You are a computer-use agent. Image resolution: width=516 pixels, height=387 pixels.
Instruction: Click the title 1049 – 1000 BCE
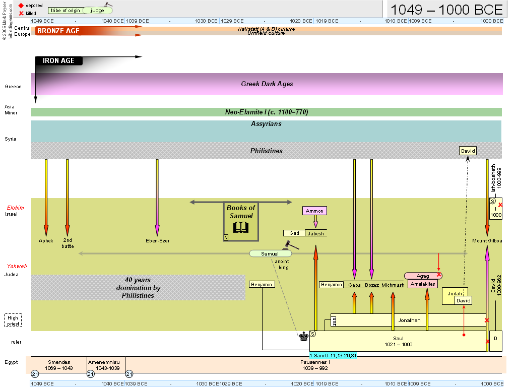coord(446,10)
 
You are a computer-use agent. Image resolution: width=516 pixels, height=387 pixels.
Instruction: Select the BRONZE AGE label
coord(58,31)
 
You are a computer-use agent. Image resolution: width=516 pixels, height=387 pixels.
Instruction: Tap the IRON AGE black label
coord(58,60)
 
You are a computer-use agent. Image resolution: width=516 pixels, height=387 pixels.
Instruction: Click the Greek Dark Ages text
coord(267,84)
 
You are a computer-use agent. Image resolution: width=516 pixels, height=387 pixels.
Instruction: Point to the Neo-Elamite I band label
coord(266,112)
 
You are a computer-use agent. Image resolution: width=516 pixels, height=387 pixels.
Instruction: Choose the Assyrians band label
coord(266,123)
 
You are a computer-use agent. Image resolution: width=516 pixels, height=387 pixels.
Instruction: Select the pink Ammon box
coord(315,211)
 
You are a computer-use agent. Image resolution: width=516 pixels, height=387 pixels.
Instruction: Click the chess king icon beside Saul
coord(303,336)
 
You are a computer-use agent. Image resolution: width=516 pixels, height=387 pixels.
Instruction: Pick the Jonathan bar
coord(409,320)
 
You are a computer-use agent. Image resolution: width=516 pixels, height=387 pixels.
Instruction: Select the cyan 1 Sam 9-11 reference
coord(333,355)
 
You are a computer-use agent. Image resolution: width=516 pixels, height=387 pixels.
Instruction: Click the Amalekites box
coord(422,284)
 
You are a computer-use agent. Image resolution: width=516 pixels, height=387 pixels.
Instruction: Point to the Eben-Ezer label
coord(157,241)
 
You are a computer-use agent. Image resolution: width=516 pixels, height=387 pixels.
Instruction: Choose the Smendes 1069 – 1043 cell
coord(58,365)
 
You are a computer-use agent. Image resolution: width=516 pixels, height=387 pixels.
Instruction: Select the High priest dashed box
coord(13,321)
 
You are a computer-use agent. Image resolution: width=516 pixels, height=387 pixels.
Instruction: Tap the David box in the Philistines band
coord(468,151)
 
